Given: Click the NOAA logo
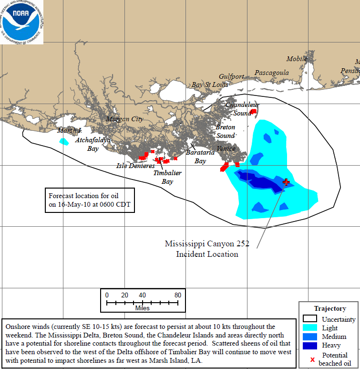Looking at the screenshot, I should pos(21,21).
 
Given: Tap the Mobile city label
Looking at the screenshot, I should pos(297,59).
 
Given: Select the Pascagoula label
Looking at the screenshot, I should pos(272,73).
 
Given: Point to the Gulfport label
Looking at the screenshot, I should pos(231,76).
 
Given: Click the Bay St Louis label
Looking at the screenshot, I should pos(210,84).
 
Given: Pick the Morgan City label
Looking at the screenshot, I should pos(124,119).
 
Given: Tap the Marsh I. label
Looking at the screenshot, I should pos(70,131).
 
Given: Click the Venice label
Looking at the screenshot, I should pos(226,148).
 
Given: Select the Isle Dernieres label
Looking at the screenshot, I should pos(135,166).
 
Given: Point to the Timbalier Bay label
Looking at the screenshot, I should pos(167,177).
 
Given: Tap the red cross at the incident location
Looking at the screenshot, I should pos(286,182).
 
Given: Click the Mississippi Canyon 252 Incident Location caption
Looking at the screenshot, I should pos(207,249).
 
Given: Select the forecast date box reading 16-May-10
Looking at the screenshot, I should pos(90,200).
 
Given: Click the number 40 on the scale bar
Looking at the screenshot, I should pos(142,295).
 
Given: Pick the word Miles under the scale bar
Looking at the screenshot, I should pos(142,308).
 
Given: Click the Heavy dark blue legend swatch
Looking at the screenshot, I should pos(310,345).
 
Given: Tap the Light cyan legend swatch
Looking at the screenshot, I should pos(310,328).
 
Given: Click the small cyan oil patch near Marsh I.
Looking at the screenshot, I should pos(63,141).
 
